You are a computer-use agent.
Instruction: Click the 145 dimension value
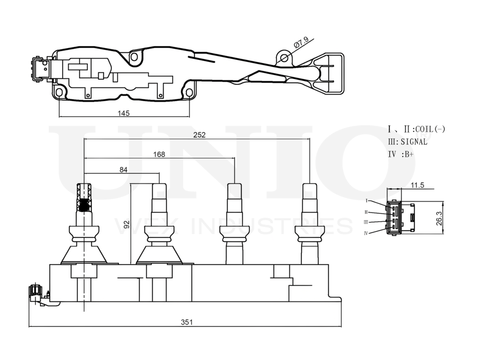pos(124,113)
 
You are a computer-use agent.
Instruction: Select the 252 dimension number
pos(200,135)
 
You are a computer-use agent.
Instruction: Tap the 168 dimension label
pos(159,154)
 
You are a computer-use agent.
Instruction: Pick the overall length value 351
pos(187,323)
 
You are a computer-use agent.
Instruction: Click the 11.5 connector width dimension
pos(417,185)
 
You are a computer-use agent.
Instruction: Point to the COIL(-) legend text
pos(430,129)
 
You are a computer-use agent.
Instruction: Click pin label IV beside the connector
pos(366,233)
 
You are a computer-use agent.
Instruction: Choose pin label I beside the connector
pos(366,200)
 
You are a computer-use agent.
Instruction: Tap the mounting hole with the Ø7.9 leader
pos(284,58)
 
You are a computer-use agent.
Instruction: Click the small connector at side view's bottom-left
pos(36,291)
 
